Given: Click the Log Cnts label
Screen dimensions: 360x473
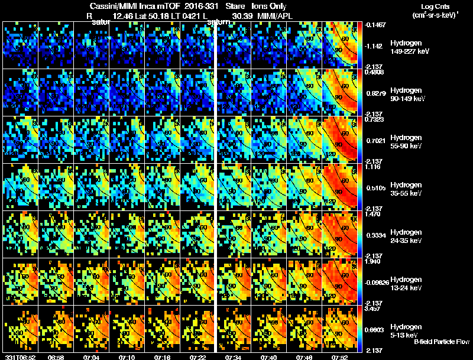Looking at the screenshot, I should pyautogui.click(x=434, y=6).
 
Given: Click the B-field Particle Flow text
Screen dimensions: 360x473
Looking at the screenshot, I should pyautogui.click(x=442, y=342).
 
